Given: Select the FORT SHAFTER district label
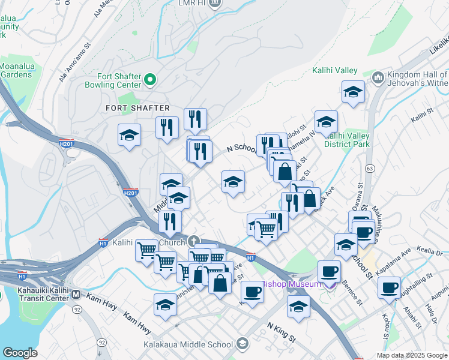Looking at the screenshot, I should (x=137, y=108).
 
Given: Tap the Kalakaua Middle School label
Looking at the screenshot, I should (x=188, y=345).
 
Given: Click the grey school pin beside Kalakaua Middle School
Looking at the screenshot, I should (x=242, y=344).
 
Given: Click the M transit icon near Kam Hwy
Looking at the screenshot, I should (x=76, y=295).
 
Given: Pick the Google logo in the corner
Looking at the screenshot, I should (x=20, y=353).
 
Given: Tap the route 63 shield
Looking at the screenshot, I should (x=370, y=169).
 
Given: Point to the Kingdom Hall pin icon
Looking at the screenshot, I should (x=378, y=77).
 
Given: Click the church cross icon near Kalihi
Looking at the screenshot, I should (x=193, y=241).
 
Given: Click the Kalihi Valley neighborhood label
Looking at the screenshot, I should (x=335, y=71).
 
